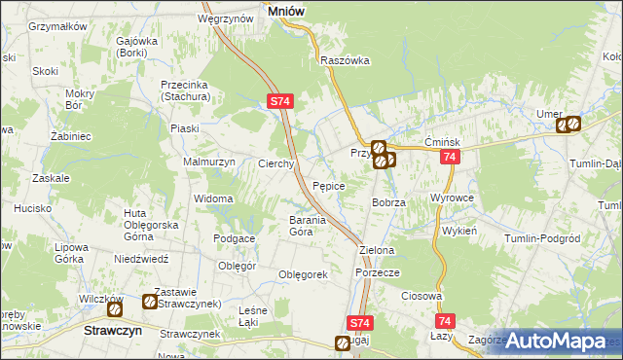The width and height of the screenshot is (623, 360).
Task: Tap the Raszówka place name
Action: (x=345, y=60)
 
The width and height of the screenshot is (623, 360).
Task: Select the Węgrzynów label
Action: (x=221, y=18)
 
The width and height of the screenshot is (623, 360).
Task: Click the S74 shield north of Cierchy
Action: (x=279, y=101)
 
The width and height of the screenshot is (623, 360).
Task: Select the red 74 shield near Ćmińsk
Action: (x=449, y=158)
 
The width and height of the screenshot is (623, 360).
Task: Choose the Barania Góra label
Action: (x=300, y=226)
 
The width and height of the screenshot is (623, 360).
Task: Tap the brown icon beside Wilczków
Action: (x=115, y=309)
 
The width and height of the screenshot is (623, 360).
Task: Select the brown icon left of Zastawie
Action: (x=149, y=302)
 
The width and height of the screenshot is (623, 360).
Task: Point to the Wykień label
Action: (x=458, y=234)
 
